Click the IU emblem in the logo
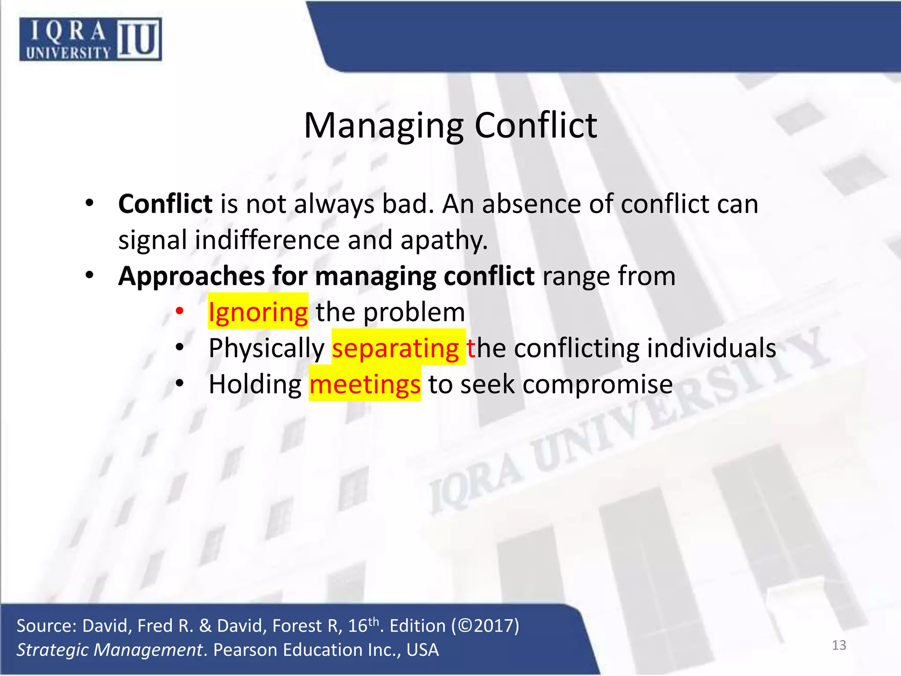pos(139,40)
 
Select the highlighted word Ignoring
pos(258,312)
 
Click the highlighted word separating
pos(396,348)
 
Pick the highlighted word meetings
pos(365,384)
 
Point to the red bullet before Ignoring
pos(179,311)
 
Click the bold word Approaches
pos(191,276)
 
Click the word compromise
pos(597,384)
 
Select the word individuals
pos(711,348)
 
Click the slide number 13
pos(839,645)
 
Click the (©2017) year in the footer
pos(485,626)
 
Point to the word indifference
pos(267,240)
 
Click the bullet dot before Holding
pos(179,383)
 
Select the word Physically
pos(266,348)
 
